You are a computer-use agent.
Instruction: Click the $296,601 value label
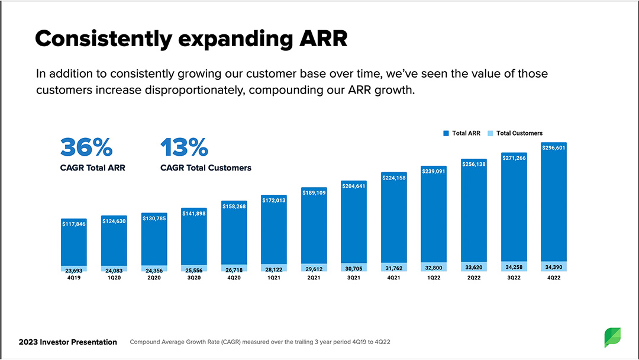point(554,148)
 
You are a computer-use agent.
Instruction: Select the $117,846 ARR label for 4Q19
point(74,224)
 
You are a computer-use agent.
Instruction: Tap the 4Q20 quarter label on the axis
point(234,278)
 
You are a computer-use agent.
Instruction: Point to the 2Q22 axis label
point(473,278)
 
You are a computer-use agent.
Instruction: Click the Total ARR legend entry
point(462,133)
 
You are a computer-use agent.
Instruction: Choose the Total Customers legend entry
point(515,133)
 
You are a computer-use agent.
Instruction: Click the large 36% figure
point(86,146)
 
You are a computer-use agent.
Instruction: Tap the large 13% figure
point(184,146)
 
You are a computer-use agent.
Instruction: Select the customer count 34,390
point(554,267)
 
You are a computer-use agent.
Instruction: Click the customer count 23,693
point(74,269)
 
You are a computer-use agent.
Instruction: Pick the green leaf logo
point(612,337)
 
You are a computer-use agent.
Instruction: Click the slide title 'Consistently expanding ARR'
point(191,38)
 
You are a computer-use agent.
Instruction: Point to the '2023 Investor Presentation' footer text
point(68,342)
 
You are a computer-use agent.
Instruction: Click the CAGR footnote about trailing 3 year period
point(260,342)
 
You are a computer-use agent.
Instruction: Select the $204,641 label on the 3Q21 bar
point(354,186)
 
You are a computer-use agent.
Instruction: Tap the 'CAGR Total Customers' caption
point(206,168)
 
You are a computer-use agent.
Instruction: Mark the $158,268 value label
point(234,206)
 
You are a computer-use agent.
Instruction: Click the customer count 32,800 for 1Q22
point(434,268)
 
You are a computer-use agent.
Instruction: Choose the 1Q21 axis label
point(274,278)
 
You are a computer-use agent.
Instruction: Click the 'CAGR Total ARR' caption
point(93,168)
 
